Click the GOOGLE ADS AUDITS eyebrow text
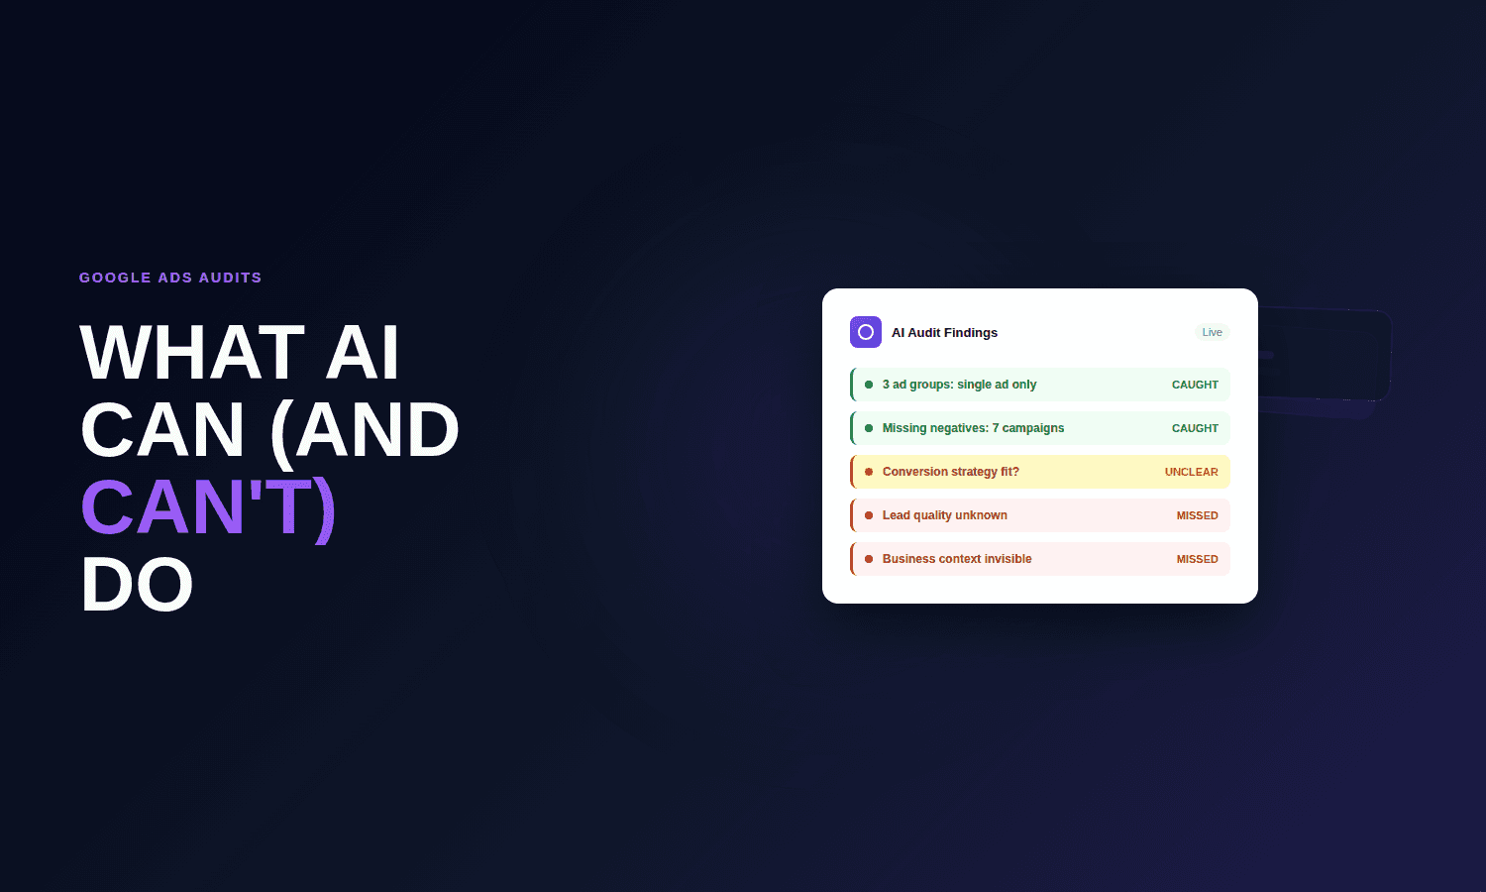pyautogui.click(x=170, y=278)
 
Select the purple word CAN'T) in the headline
pyautogui.click(x=208, y=507)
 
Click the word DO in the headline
pyautogui.click(x=137, y=585)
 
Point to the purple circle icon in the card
pyautogui.click(x=866, y=332)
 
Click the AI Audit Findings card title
pyautogui.click(x=944, y=333)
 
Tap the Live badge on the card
pyautogui.click(x=1212, y=332)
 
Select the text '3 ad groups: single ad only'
pyautogui.click(x=959, y=385)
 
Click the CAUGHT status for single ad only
pyautogui.click(x=1195, y=385)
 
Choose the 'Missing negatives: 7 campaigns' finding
pyautogui.click(x=973, y=428)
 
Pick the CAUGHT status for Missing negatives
pyautogui.click(x=1195, y=428)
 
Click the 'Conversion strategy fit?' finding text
pyautogui.click(x=950, y=472)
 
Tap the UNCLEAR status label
pyautogui.click(x=1191, y=472)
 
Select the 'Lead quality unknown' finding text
pyautogui.click(x=944, y=515)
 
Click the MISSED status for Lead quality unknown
pyautogui.click(x=1197, y=515)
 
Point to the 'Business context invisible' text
pyautogui.click(x=957, y=559)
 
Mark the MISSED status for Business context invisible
pyautogui.click(x=1197, y=559)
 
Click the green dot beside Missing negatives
pyautogui.click(x=869, y=428)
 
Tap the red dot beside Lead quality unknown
pyautogui.click(x=869, y=515)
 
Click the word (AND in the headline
pyautogui.click(x=365, y=430)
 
